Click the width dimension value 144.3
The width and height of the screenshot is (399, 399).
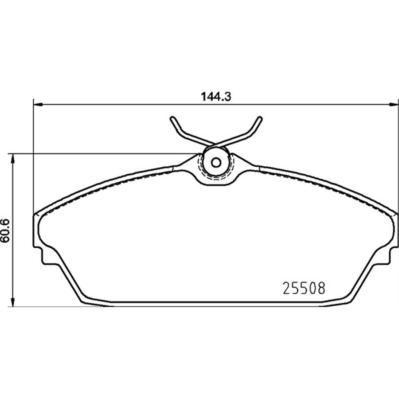point(216,97)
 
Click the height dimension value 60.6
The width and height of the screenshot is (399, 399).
point(5,230)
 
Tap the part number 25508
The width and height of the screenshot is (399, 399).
point(304,289)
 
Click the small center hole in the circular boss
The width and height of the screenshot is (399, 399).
point(216,162)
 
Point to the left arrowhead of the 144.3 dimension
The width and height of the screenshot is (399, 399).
point(38,104)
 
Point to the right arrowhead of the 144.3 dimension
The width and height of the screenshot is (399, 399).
point(393,104)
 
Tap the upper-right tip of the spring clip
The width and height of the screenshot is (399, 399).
point(259,118)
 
